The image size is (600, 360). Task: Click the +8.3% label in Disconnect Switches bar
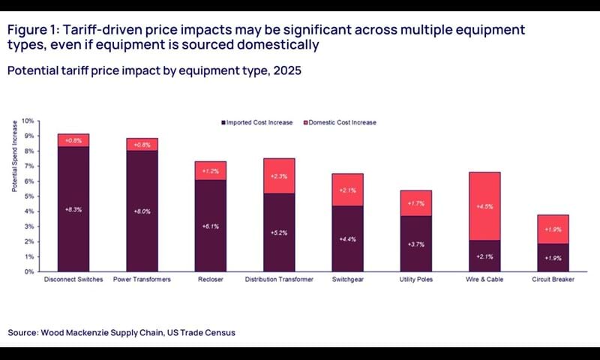[x=73, y=209]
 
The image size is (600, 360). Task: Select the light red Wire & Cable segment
[x=484, y=206]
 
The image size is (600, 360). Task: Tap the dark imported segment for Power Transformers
[x=142, y=211]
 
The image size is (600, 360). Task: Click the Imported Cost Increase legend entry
[x=262, y=122]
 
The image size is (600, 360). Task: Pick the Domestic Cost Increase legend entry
[x=342, y=122]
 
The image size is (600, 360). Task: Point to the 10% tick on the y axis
[x=28, y=121]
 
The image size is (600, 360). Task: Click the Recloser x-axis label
[x=211, y=280]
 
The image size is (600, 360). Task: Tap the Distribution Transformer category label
[x=279, y=280]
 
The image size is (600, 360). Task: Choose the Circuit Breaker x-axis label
[x=553, y=280]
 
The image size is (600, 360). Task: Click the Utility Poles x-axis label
[x=416, y=280]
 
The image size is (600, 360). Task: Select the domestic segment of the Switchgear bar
[x=348, y=190]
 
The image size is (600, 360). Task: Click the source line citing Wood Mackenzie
[x=121, y=332]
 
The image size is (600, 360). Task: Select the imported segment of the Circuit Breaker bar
[x=553, y=257]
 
